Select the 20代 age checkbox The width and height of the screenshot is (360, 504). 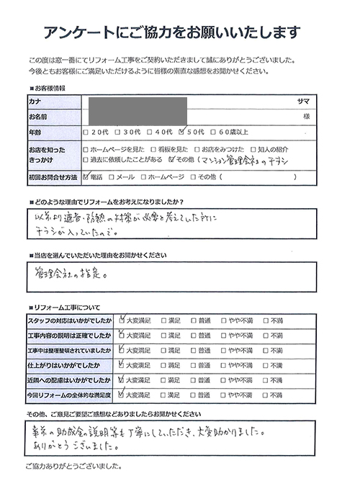[x=87, y=133]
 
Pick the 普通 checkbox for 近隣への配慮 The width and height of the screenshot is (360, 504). [x=194, y=380]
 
